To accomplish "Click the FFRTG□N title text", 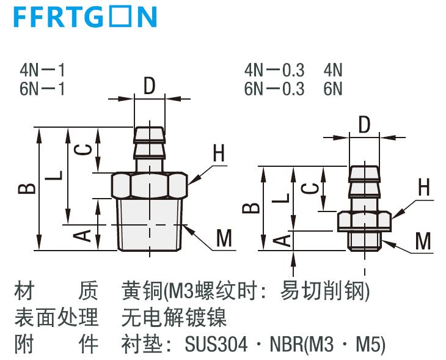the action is click(86, 17).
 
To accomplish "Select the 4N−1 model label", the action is click(42, 70).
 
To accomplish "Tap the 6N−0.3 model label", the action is click(274, 89).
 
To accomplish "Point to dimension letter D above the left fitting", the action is click(149, 86).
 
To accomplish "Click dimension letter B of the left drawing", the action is click(27, 189).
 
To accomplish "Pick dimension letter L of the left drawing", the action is click(54, 175).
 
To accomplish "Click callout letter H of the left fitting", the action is click(219, 153).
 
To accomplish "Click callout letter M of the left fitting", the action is click(224, 238).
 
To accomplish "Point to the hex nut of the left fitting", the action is click(149, 185).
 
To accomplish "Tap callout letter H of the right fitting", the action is click(424, 187).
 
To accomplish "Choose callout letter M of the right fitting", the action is click(423, 241).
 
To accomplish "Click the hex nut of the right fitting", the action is click(365, 221).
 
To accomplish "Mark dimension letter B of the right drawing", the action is click(251, 208).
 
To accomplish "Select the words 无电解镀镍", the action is click(174, 317).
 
